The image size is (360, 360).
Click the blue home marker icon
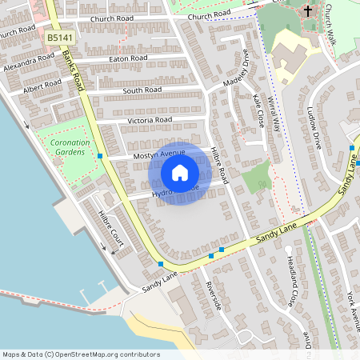coord(180,172)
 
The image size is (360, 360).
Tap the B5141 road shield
coord(60,38)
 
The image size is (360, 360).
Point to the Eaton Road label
coord(128,58)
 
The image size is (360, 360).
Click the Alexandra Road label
coord(28,64)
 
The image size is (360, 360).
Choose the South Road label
coord(142,91)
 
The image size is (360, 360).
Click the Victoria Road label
coord(150,120)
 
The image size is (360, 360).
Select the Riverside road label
coord(213,297)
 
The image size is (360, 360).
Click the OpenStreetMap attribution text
coord(81,354)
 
